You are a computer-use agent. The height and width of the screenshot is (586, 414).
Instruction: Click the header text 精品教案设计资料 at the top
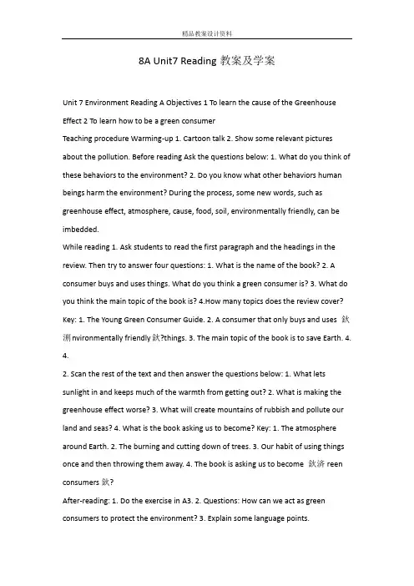coord(206,33)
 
